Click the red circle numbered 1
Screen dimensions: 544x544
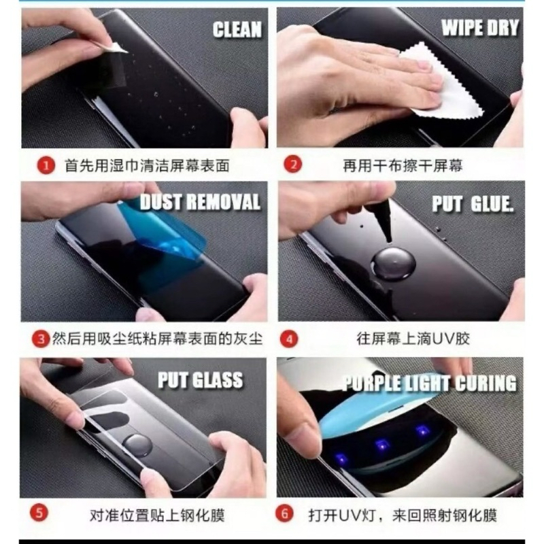(x=46, y=165)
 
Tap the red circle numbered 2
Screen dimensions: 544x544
(x=293, y=164)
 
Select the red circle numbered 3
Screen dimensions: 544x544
(x=41, y=339)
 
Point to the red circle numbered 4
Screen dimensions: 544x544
(x=289, y=339)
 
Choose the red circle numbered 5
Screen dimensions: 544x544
(x=39, y=513)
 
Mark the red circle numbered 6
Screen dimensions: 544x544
(x=284, y=513)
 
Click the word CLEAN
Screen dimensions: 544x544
(x=237, y=29)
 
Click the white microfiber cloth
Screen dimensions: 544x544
(x=447, y=82)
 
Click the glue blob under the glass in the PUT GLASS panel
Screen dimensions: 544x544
(x=138, y=445)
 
